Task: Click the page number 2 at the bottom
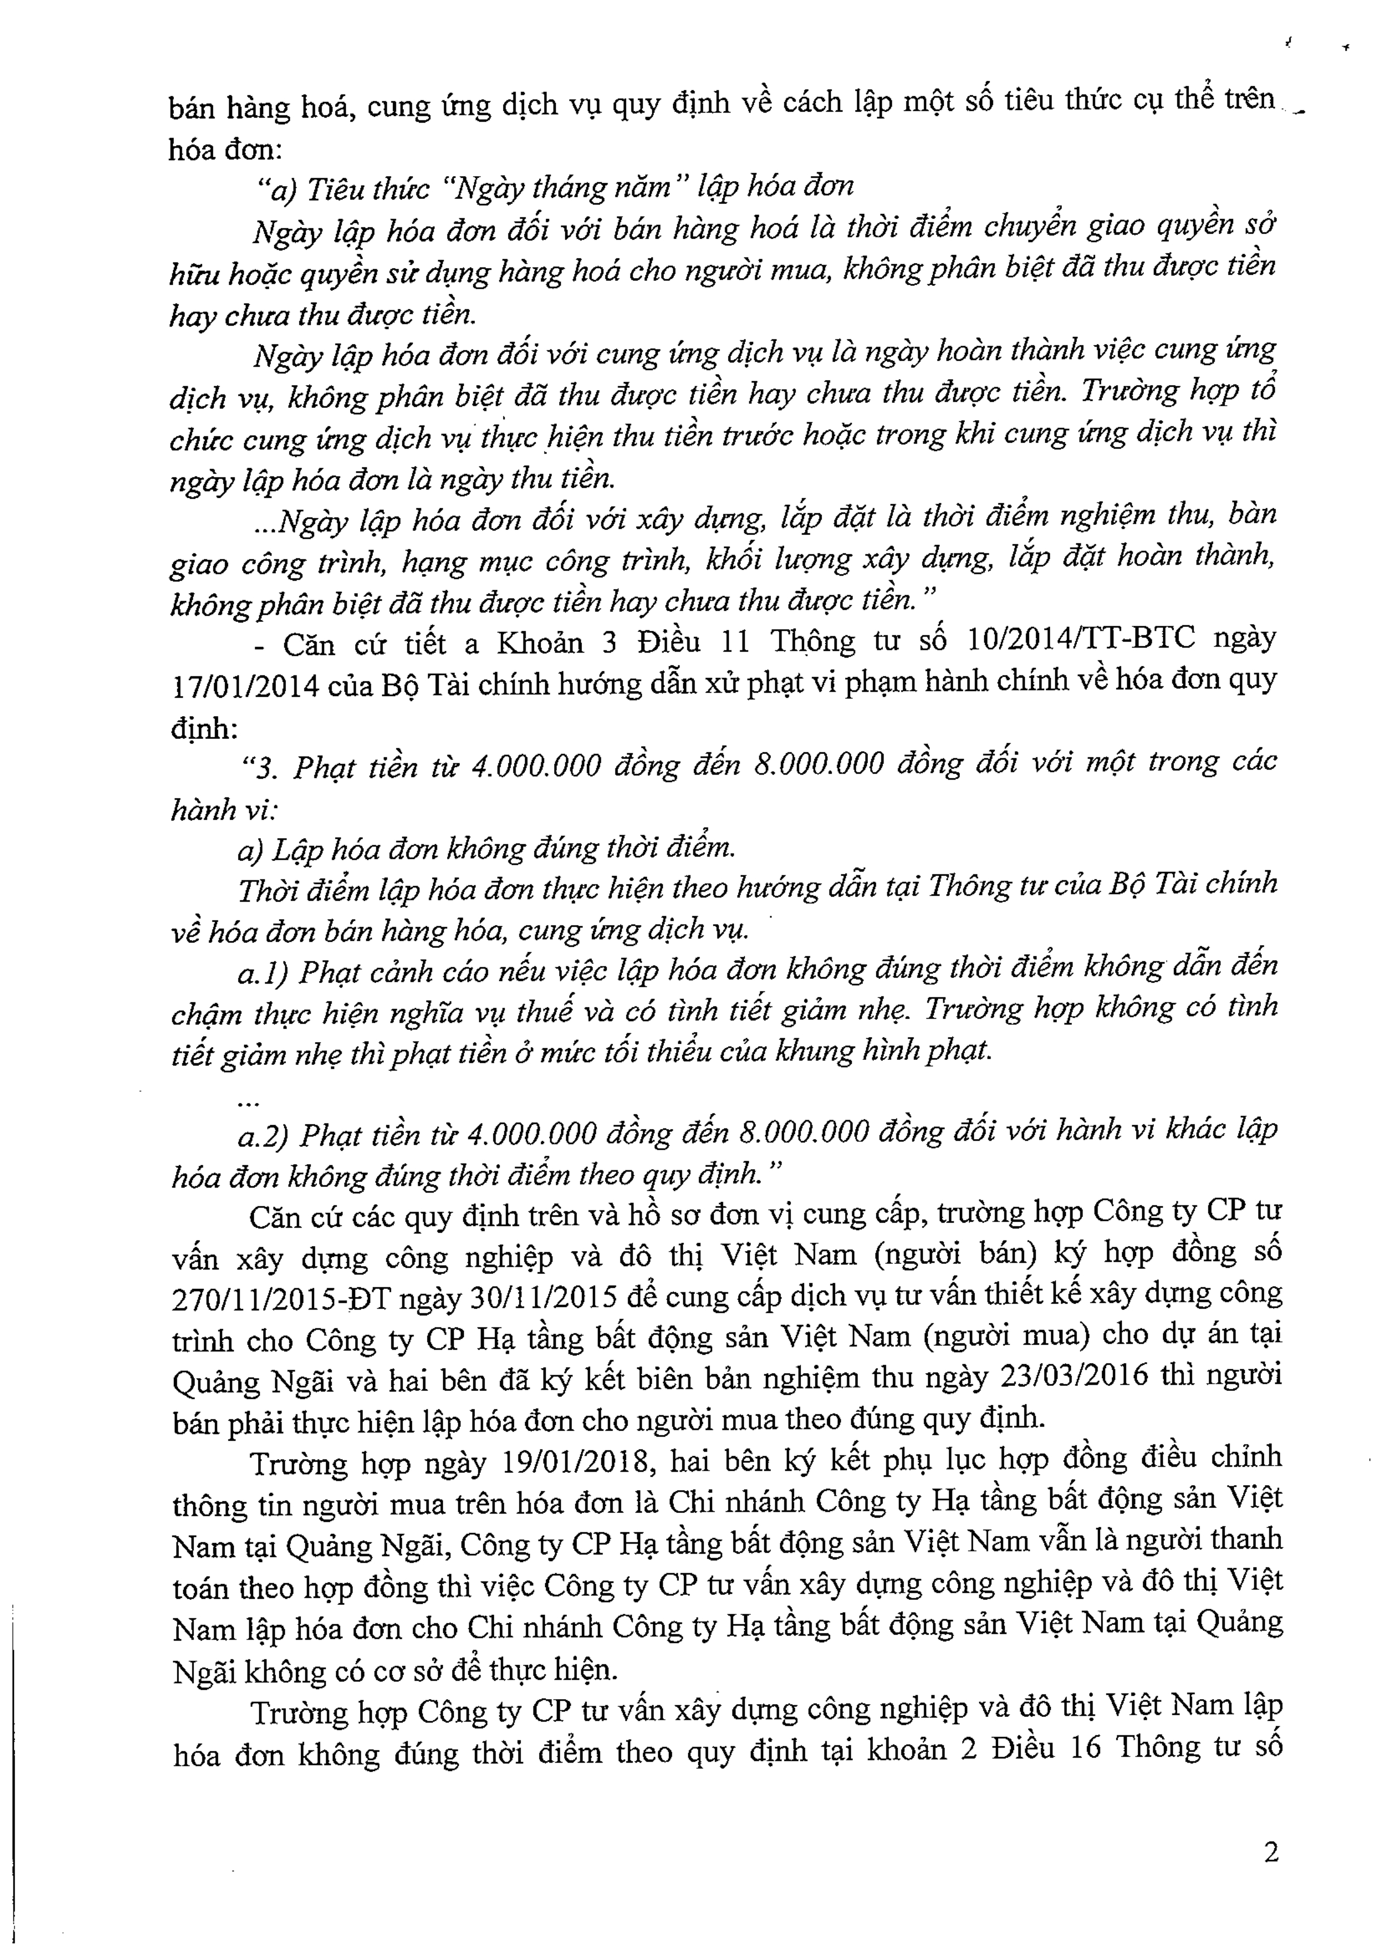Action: [1270, 1852]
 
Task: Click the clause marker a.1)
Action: [265, 972]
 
